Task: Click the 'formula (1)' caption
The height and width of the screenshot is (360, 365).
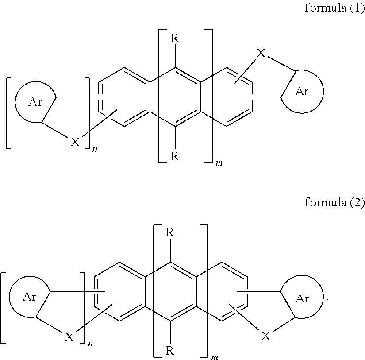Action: tap(334, 9)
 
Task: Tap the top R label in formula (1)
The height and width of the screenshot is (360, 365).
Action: tap(175, 38)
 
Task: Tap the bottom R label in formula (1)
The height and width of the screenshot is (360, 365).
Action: tap(175, 157)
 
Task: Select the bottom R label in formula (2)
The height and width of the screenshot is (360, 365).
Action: tap(170, 351)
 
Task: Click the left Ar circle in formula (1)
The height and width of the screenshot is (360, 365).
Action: tap(36, 101)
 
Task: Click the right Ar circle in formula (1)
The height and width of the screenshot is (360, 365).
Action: tap(302, 91)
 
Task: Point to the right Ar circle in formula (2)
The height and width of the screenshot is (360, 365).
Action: tap(302, 298)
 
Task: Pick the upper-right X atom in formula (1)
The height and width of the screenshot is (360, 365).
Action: tap(261, 54)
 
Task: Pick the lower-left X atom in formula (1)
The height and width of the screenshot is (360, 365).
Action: tap(75, 142)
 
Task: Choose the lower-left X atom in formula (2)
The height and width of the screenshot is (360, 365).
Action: tap(69, 337)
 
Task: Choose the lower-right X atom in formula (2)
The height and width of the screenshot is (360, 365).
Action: tap(265, 337)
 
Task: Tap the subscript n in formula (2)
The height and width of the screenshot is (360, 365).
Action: tap(88, 345)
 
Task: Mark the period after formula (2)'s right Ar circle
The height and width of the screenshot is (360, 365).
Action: tap(327, 300)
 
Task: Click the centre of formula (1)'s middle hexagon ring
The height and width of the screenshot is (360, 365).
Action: tap(175, 97)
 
